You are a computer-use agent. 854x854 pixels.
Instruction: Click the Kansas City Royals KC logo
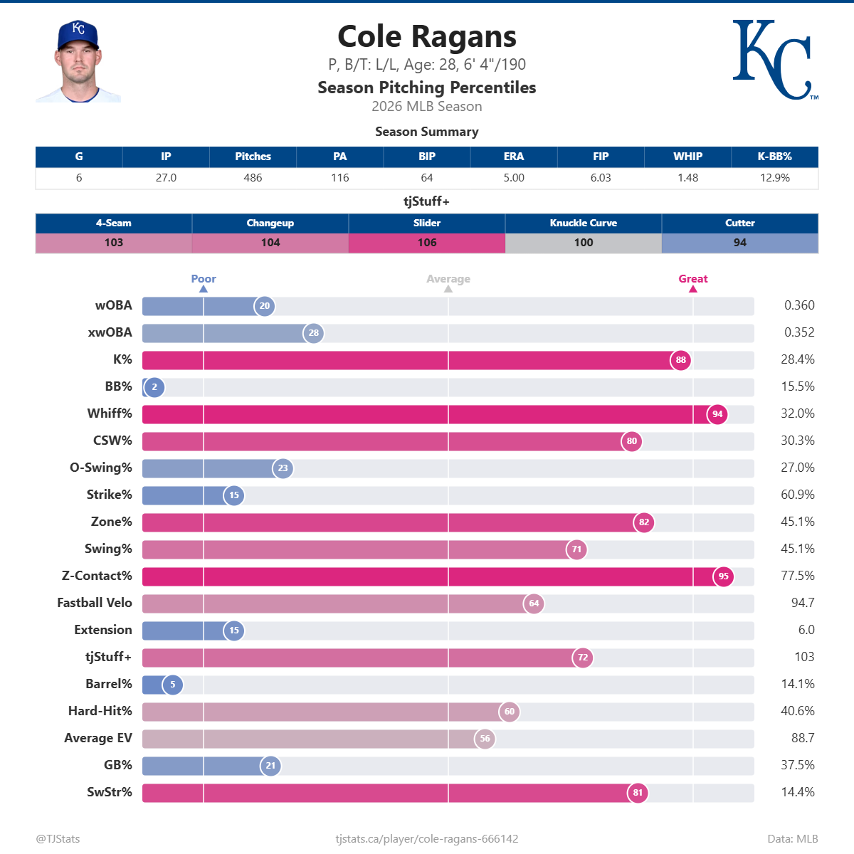tap(774, 60)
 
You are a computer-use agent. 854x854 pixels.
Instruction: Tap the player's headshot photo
tap(78, 62)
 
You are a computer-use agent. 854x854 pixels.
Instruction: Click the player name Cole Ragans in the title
tap(427, 37)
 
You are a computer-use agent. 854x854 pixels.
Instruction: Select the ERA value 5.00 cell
tap(514, 178)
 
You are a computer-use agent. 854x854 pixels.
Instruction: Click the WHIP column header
tap(687, 157)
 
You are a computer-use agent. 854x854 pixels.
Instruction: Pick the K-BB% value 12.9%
tap(774, 178)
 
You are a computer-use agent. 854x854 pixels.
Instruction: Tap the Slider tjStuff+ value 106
tap(427, 243)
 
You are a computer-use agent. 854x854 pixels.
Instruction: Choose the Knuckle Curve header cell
tap(584, 223)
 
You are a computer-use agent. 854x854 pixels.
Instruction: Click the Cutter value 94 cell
tap(740, 243)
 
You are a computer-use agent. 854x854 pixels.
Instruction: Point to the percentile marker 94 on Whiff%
tap(717, 414)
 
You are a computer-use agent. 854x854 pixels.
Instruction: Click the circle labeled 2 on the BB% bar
tap(154, 387)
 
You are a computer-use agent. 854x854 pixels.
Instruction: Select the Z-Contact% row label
tap(97, 576)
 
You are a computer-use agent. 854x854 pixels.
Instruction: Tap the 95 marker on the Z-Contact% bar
tap(723, 576)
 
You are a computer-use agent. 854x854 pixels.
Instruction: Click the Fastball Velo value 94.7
tap(803, 603)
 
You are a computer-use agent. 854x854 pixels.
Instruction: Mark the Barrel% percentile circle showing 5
tap(172, 685)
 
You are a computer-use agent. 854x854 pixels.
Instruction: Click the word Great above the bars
tap(692, 279)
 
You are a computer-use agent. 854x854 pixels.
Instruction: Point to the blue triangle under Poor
tap(204, 289)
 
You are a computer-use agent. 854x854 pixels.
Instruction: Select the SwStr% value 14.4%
tap(798, 792)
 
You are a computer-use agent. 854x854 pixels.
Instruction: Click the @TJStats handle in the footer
tap(58, 838)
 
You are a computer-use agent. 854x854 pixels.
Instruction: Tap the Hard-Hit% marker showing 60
tap(510, 712)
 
